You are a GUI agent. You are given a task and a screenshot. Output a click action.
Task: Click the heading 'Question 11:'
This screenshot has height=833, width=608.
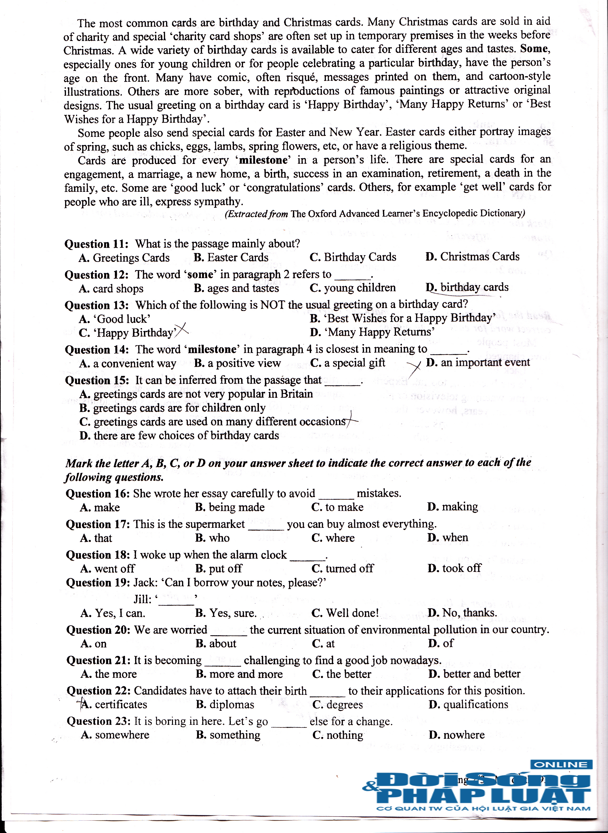(x=96, y=244)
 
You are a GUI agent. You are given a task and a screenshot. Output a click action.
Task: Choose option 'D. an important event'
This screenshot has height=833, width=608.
(x=478, y=363)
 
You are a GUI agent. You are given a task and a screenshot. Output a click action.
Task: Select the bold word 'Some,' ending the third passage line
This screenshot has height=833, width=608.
(x=535, y=49)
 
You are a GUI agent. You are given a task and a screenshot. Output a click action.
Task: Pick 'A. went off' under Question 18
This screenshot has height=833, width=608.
(x=107, y=569)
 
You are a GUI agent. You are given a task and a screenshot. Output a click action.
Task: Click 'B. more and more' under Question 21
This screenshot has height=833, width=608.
(x=239, y=674)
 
